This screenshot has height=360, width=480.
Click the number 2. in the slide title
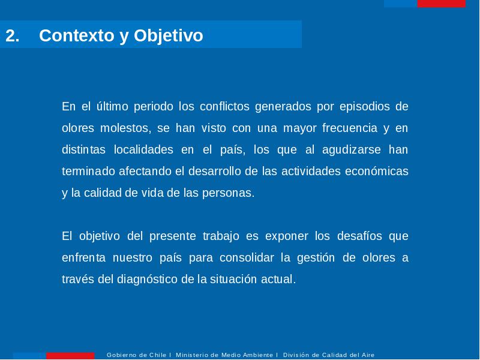tap(12, 35)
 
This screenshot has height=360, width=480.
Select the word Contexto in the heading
tap(77, 35)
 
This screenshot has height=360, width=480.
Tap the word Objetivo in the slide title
tap(169, 36)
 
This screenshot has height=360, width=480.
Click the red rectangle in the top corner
tap(441, 4)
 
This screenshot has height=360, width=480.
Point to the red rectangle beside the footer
tap(70, 356)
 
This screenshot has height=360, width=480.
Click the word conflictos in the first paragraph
tap(224, 107)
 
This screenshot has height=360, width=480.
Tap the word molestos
tap(126, 128)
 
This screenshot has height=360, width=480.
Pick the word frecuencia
tap(350, 128)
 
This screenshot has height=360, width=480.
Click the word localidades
tap(143, 149)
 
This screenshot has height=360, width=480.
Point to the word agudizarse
tap(352, 150)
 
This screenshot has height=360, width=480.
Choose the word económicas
tap(377, 171)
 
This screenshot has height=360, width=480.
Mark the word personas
tap(228, 193)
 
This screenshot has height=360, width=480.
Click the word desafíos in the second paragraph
tap(359, 236)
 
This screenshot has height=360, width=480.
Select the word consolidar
tap(247, 258)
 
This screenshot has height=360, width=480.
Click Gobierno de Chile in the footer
tap(136, 355)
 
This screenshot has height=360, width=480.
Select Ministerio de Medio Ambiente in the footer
tap(224, 355)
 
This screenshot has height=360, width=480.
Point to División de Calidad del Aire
tap(328, 355)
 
